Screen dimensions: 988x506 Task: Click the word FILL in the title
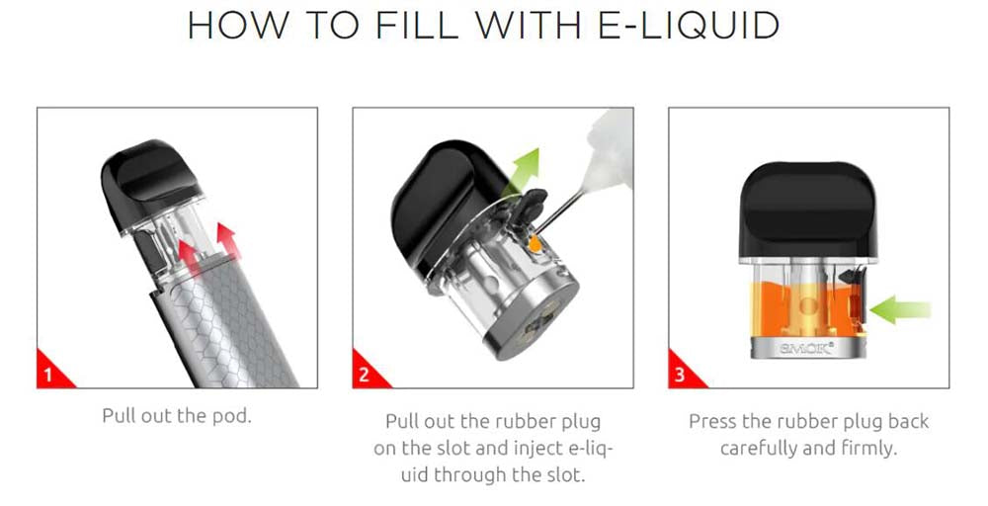tap(417, 25)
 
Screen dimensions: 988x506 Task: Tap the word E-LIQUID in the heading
tap(689, 26)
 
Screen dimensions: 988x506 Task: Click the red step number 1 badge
tap(53, 371)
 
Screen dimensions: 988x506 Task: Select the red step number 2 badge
tap(369, 371)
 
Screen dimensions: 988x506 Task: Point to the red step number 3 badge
tap(685, 371)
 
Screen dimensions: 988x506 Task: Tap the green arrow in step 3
tap(899, 310)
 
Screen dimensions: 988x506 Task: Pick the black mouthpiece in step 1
tap(151, 183)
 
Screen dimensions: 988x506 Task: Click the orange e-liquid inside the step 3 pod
tap(806, 308)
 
